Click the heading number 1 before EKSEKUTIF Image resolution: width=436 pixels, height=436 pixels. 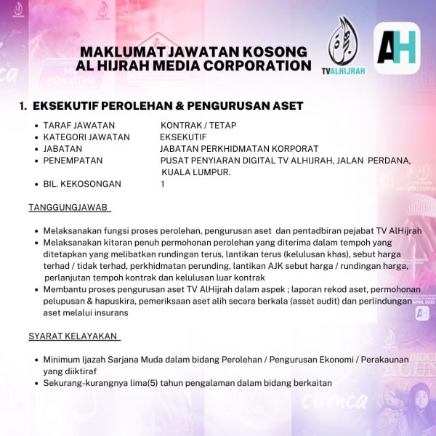(23, 106)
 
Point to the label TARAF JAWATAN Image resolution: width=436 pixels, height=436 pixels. (73, 125)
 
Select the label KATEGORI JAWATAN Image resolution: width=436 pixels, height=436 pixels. (86, 137)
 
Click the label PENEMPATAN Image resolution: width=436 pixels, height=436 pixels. (73, 160)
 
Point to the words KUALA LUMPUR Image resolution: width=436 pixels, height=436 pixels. (195, 172)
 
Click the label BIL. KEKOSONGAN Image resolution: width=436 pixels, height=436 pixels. (82, 184)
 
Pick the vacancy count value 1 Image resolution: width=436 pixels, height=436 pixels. (163, 184)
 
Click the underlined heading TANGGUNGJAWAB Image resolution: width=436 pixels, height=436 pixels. (69, 208)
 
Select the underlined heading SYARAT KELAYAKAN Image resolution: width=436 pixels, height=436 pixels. (74, 336)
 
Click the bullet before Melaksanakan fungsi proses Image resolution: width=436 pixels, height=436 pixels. (36, 231)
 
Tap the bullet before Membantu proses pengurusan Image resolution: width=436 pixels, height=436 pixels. (36, 290)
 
